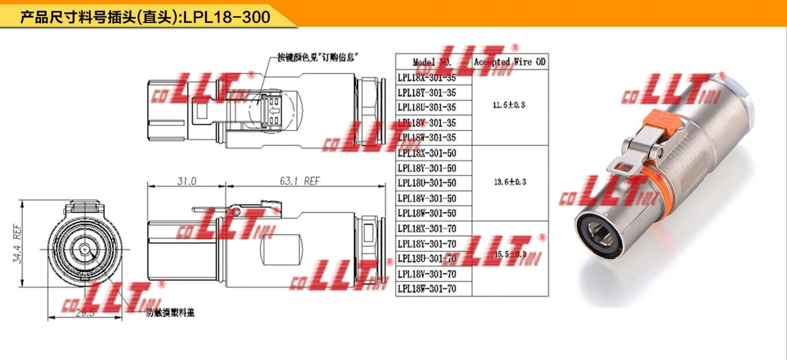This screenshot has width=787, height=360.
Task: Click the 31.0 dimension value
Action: [187, 181]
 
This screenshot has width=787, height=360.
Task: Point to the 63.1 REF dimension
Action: [300, 181]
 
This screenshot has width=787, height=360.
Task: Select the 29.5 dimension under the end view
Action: [85, 313]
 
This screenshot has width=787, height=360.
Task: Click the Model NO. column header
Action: [432, 62]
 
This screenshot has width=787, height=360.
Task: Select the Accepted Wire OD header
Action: [510, 62]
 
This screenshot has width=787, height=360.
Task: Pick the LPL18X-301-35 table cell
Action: [427, 77]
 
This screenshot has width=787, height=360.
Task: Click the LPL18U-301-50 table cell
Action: [427, 183]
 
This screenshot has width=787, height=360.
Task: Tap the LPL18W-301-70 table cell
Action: [427, 289]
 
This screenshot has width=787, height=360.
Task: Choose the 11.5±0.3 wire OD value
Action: [509, 105]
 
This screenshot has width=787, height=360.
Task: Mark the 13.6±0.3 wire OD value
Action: [510, 182]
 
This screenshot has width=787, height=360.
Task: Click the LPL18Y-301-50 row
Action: [427, 168]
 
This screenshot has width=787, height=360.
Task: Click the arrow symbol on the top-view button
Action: [274, 111]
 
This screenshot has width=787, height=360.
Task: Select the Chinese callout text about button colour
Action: [318, 57]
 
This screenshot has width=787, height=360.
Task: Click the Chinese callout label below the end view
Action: [170, 312]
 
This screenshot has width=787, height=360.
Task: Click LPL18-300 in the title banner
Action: [227, 17]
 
